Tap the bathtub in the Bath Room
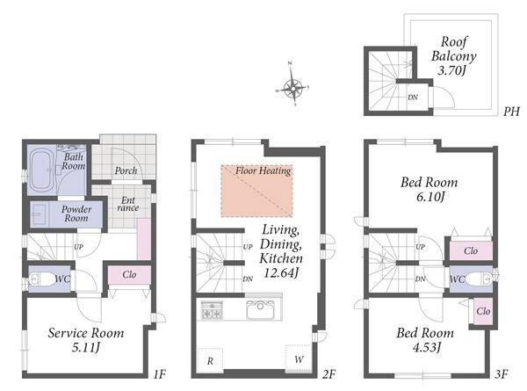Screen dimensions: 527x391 click(41, 170)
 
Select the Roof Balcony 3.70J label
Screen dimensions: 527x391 click(453, 56)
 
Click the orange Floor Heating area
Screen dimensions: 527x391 click(256, 191)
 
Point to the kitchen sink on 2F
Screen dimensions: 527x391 click(261, 310)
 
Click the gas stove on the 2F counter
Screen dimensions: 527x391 click(212, 310)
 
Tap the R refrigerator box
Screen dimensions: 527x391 click(211, 360)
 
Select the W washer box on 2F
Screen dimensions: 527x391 click(299, 358)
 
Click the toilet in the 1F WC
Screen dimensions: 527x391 click(41, 279)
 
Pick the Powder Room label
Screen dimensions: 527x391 click(76, 214)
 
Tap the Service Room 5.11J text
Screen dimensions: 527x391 click(86, 339)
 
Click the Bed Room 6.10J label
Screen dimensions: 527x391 click(430, 189)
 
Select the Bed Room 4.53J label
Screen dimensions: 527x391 click(425, 339)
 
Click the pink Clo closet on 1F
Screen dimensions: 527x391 click(129, 275)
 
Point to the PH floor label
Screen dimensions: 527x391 click(511, 112)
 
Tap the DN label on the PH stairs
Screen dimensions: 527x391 click(413, 98)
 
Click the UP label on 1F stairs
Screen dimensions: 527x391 click(78, 247)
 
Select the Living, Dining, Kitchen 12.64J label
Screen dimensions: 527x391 click(281, 250)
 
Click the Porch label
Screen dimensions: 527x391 click(126, 170)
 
